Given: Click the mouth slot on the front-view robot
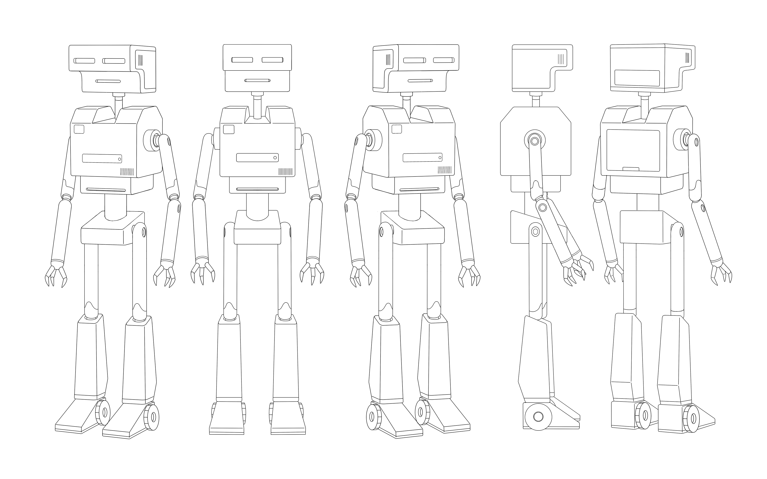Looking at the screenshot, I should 257,80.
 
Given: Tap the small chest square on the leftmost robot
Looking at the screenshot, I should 79,129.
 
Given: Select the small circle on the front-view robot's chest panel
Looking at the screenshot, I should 275,158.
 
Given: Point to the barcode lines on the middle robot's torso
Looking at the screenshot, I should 444,170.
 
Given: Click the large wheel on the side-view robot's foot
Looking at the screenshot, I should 538,417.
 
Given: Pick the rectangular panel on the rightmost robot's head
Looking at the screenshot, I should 637,78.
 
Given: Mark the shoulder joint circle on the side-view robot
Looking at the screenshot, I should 535,140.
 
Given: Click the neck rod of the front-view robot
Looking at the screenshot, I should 257,106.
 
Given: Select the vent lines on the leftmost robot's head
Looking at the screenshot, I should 141,60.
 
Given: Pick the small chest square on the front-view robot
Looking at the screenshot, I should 229,129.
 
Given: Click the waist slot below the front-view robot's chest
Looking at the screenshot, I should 257,189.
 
